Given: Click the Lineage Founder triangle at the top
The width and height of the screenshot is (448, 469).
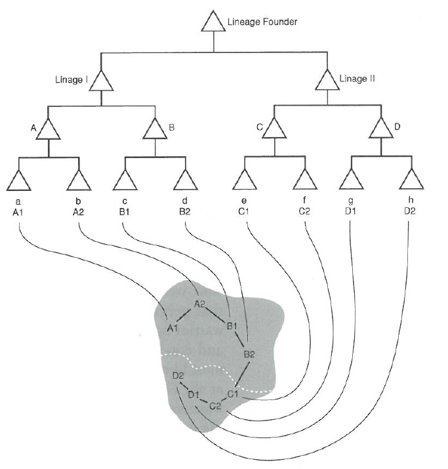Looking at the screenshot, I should tap(213, 23).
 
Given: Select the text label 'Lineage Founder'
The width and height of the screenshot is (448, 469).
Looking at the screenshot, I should tap(262, 22).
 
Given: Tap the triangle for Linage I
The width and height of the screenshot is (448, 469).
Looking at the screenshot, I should tap(102, 81).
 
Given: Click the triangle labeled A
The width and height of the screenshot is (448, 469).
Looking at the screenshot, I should tap(49, 129).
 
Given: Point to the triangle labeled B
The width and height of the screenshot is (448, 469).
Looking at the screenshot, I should tap(155, 129).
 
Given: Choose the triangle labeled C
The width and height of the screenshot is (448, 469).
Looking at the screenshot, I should tap(274, 129).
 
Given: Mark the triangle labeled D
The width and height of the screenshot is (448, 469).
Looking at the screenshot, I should tap(380, 129).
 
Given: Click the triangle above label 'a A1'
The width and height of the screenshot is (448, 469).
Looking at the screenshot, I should tap(19, 179).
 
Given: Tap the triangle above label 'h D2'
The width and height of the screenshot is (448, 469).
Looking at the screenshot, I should tap(410, 179).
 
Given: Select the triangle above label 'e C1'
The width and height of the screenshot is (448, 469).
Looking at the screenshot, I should tap(245, 179).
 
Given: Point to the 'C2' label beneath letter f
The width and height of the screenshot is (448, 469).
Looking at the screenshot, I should tap(304, 211).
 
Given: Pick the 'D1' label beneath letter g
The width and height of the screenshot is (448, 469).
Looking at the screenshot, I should tap(352, 211).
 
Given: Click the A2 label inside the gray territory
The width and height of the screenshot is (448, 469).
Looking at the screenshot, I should tap(200, 304).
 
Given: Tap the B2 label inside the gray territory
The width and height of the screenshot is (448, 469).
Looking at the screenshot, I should tap(249, 354).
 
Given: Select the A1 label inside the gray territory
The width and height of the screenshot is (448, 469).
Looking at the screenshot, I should tap(173, 328).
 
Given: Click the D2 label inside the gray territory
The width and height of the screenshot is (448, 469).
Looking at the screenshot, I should tap(178, 375).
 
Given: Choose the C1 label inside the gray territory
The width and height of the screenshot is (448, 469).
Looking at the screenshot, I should tap(233, 394).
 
